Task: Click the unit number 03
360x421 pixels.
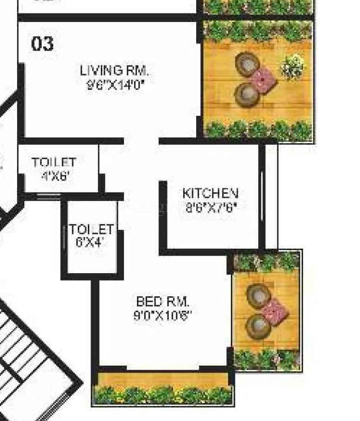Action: click(x=42, y=44)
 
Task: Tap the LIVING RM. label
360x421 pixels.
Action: click(x=114, y=71)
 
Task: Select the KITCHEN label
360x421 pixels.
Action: click(x=211, y=193)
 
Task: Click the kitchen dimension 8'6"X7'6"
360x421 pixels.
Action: click(x=211, y=207)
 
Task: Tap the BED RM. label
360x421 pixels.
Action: click(x=162, y=302)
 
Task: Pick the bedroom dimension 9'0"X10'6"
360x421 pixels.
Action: click(x=162, y=316)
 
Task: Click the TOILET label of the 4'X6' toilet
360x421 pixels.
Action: click(x=54, y=163)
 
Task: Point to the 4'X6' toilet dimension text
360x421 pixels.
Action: click(x=55, y=176)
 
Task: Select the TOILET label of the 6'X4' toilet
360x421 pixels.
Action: click(x=92, y=229)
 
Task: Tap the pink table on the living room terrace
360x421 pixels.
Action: click(x=263, y=80)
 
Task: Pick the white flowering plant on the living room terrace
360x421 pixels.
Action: click(x=292, y=67)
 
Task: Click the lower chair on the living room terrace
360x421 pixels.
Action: click(x=246, y=94)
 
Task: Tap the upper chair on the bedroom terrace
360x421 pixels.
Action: click(x=258, y=295)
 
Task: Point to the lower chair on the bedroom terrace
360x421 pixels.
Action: click(x=257, y=327)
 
